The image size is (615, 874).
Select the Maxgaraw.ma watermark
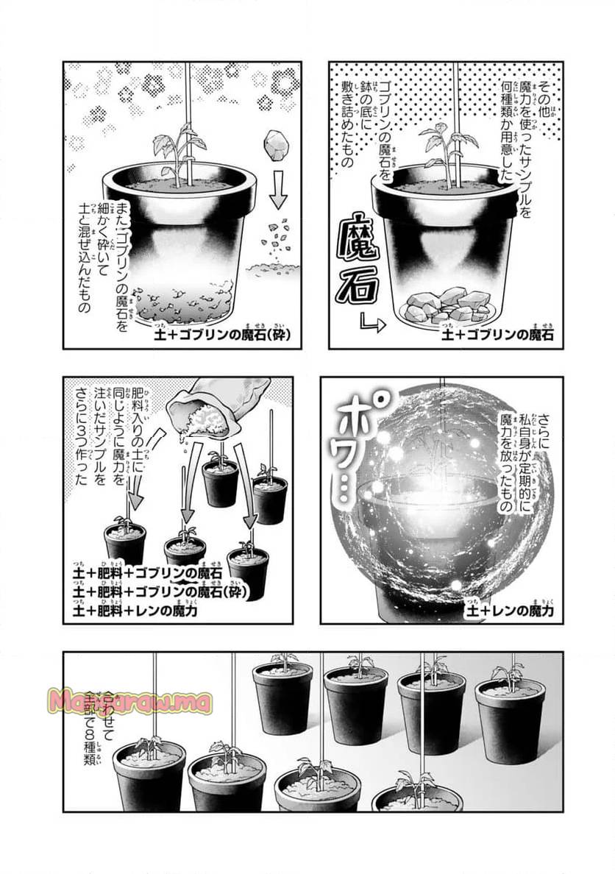click(129, 702)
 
